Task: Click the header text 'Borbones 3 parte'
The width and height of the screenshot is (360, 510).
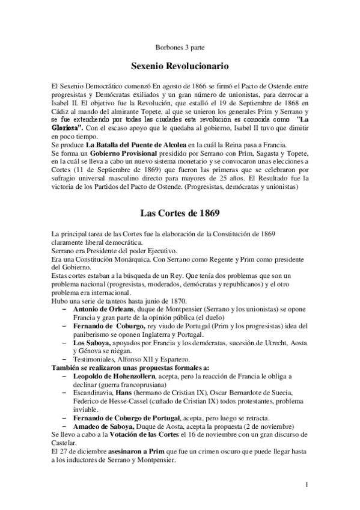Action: (x=180, y=46)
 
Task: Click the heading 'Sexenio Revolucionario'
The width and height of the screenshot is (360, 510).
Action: (x=180, y=64)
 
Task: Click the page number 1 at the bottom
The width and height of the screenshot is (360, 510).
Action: (x=307, y=484)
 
